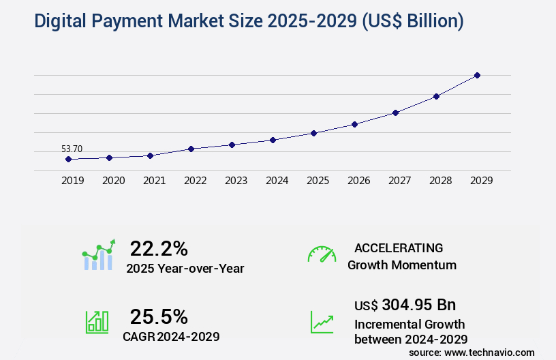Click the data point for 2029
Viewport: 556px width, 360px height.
tap(477, 75)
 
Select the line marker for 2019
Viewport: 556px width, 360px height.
tap(68, 159)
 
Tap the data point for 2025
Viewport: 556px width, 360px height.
tap(313, 133)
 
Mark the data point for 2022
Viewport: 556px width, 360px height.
tap(191, 149)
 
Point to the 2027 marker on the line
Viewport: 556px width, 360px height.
tap(395, 112)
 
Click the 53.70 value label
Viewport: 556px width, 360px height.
tap(72, 149)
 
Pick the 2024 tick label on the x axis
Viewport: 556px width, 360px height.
tap(277, 181)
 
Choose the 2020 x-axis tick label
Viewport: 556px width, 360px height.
tap(113, 181)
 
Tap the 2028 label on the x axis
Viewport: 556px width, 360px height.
tap(440, 181)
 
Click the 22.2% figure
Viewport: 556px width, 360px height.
tap(159, 248)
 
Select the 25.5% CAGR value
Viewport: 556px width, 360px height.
tap(159, 316)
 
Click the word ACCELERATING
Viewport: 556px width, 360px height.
tap(399, 248)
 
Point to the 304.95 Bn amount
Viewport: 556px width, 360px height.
tap(419, 304)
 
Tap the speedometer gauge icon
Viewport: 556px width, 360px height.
tap(322, 254)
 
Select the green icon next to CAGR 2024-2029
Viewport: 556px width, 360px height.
tap(97, 322)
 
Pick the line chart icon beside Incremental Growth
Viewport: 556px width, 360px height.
tap(322, 322)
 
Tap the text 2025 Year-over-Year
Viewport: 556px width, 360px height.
tap(185, 269)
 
